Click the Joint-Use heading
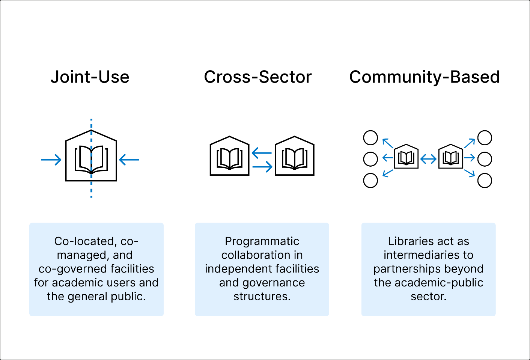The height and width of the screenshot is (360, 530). [x=90, y=77]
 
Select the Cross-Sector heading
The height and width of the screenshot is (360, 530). [x=258, y=77]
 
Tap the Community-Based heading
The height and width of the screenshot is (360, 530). [x=425, y=77]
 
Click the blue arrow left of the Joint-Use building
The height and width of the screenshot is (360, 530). [x=51, y=160]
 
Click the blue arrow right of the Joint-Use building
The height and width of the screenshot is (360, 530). [x=129, y=160]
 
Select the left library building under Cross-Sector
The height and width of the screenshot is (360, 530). [x=229, y=156]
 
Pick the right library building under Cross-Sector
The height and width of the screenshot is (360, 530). [x=295, y=156]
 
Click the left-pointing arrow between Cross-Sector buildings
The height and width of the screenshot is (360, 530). [x=262, y=153]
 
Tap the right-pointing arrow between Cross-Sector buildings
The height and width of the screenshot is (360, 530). [x=262, y=166]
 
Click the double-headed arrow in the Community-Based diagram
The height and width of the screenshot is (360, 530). [x=428, y=159]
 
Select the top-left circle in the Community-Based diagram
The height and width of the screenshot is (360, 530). [x=370, y=138]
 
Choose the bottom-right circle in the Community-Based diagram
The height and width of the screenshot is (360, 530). [x=485, y=181]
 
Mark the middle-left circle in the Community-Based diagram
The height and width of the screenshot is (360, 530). [x=370, y=159]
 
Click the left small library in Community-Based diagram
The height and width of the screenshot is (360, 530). [x=406, y=157]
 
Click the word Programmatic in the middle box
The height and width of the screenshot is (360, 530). [x=262, y=241]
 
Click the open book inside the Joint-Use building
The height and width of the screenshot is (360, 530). [x=91, y=160]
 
